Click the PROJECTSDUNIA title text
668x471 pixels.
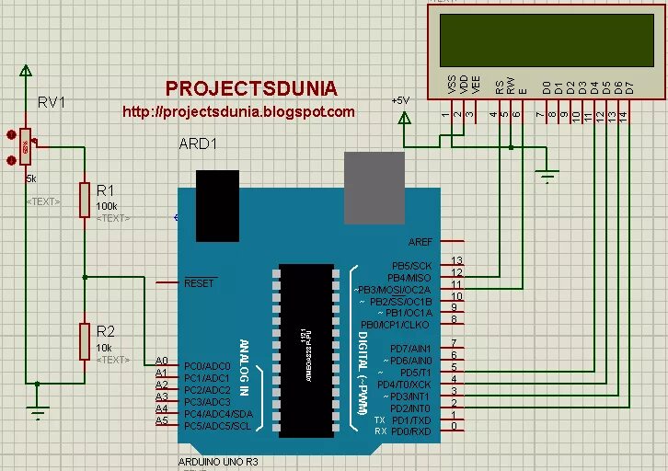[251, 88]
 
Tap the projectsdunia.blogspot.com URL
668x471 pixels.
[238, 112]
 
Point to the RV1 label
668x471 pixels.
[52, 102]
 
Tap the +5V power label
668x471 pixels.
[400, 99]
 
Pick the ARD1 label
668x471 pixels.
[198, 144]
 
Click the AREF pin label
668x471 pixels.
[420, 242]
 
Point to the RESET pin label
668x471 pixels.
[199, 282]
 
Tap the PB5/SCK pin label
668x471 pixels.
[411, 265]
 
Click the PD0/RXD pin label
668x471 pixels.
[410, 431]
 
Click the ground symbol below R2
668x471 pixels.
[37, 412]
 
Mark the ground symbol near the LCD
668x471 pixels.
[548, 176]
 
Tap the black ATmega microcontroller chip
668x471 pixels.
[304, 350]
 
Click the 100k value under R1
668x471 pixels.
[106, 206]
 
